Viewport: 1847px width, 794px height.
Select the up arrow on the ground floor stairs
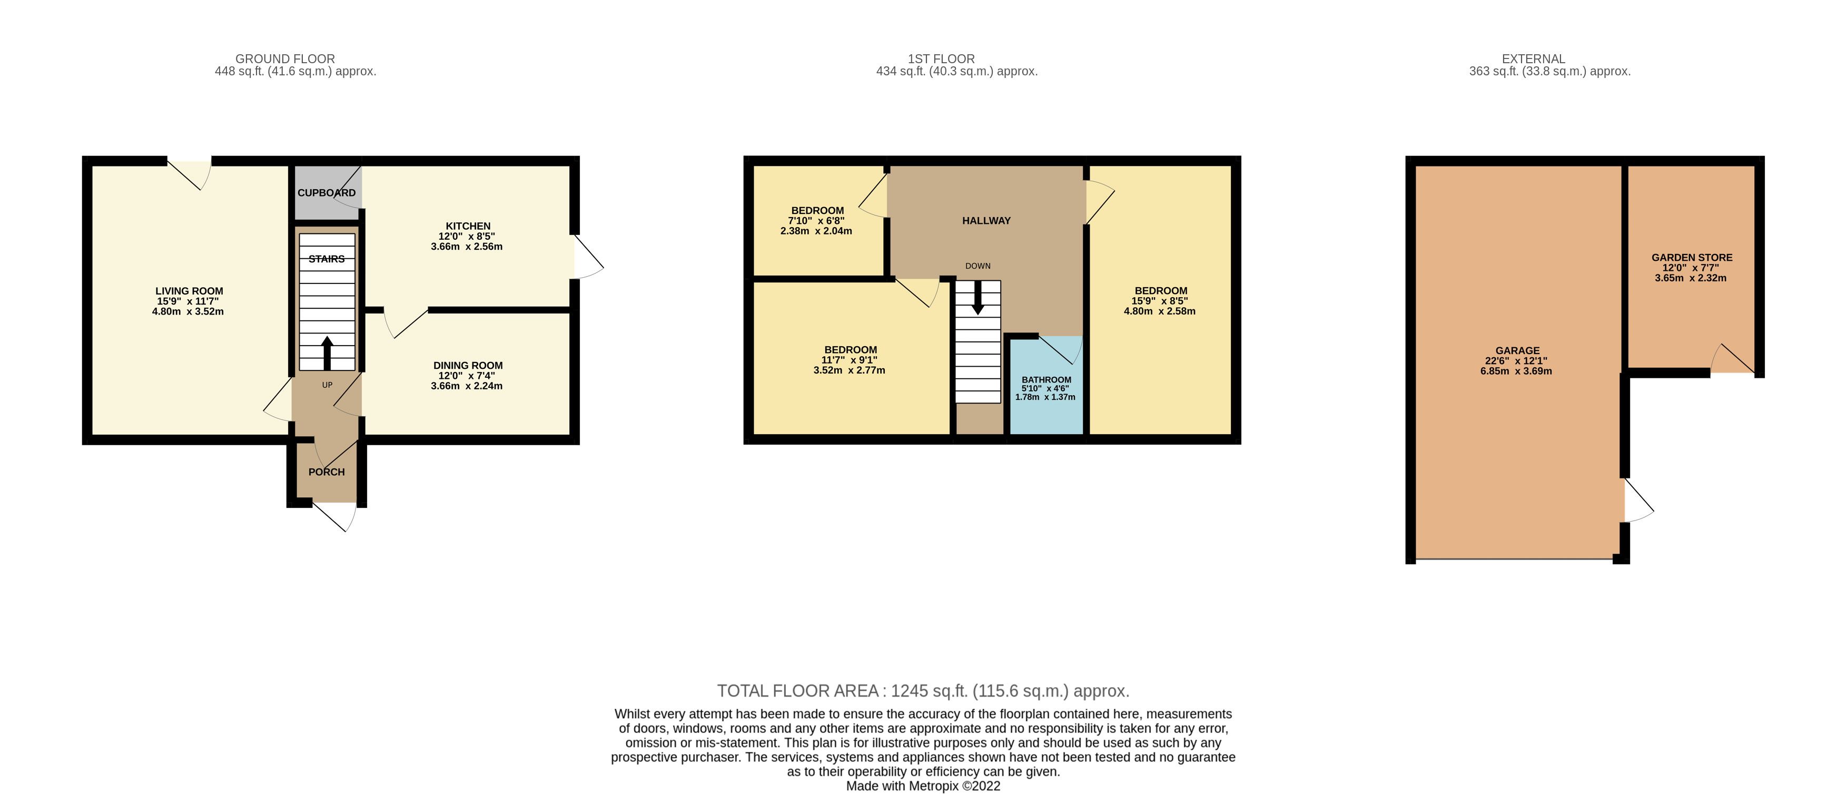(x=327, y=352)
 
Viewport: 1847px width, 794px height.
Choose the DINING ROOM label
(x=468, y=366)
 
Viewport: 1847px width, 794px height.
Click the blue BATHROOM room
(x=1046, y=385)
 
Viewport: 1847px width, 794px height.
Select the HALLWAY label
(x=986, y=221)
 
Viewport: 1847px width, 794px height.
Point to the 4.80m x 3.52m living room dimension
(x=188, y=312)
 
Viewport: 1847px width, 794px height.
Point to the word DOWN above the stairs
(x=977, y=266)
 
